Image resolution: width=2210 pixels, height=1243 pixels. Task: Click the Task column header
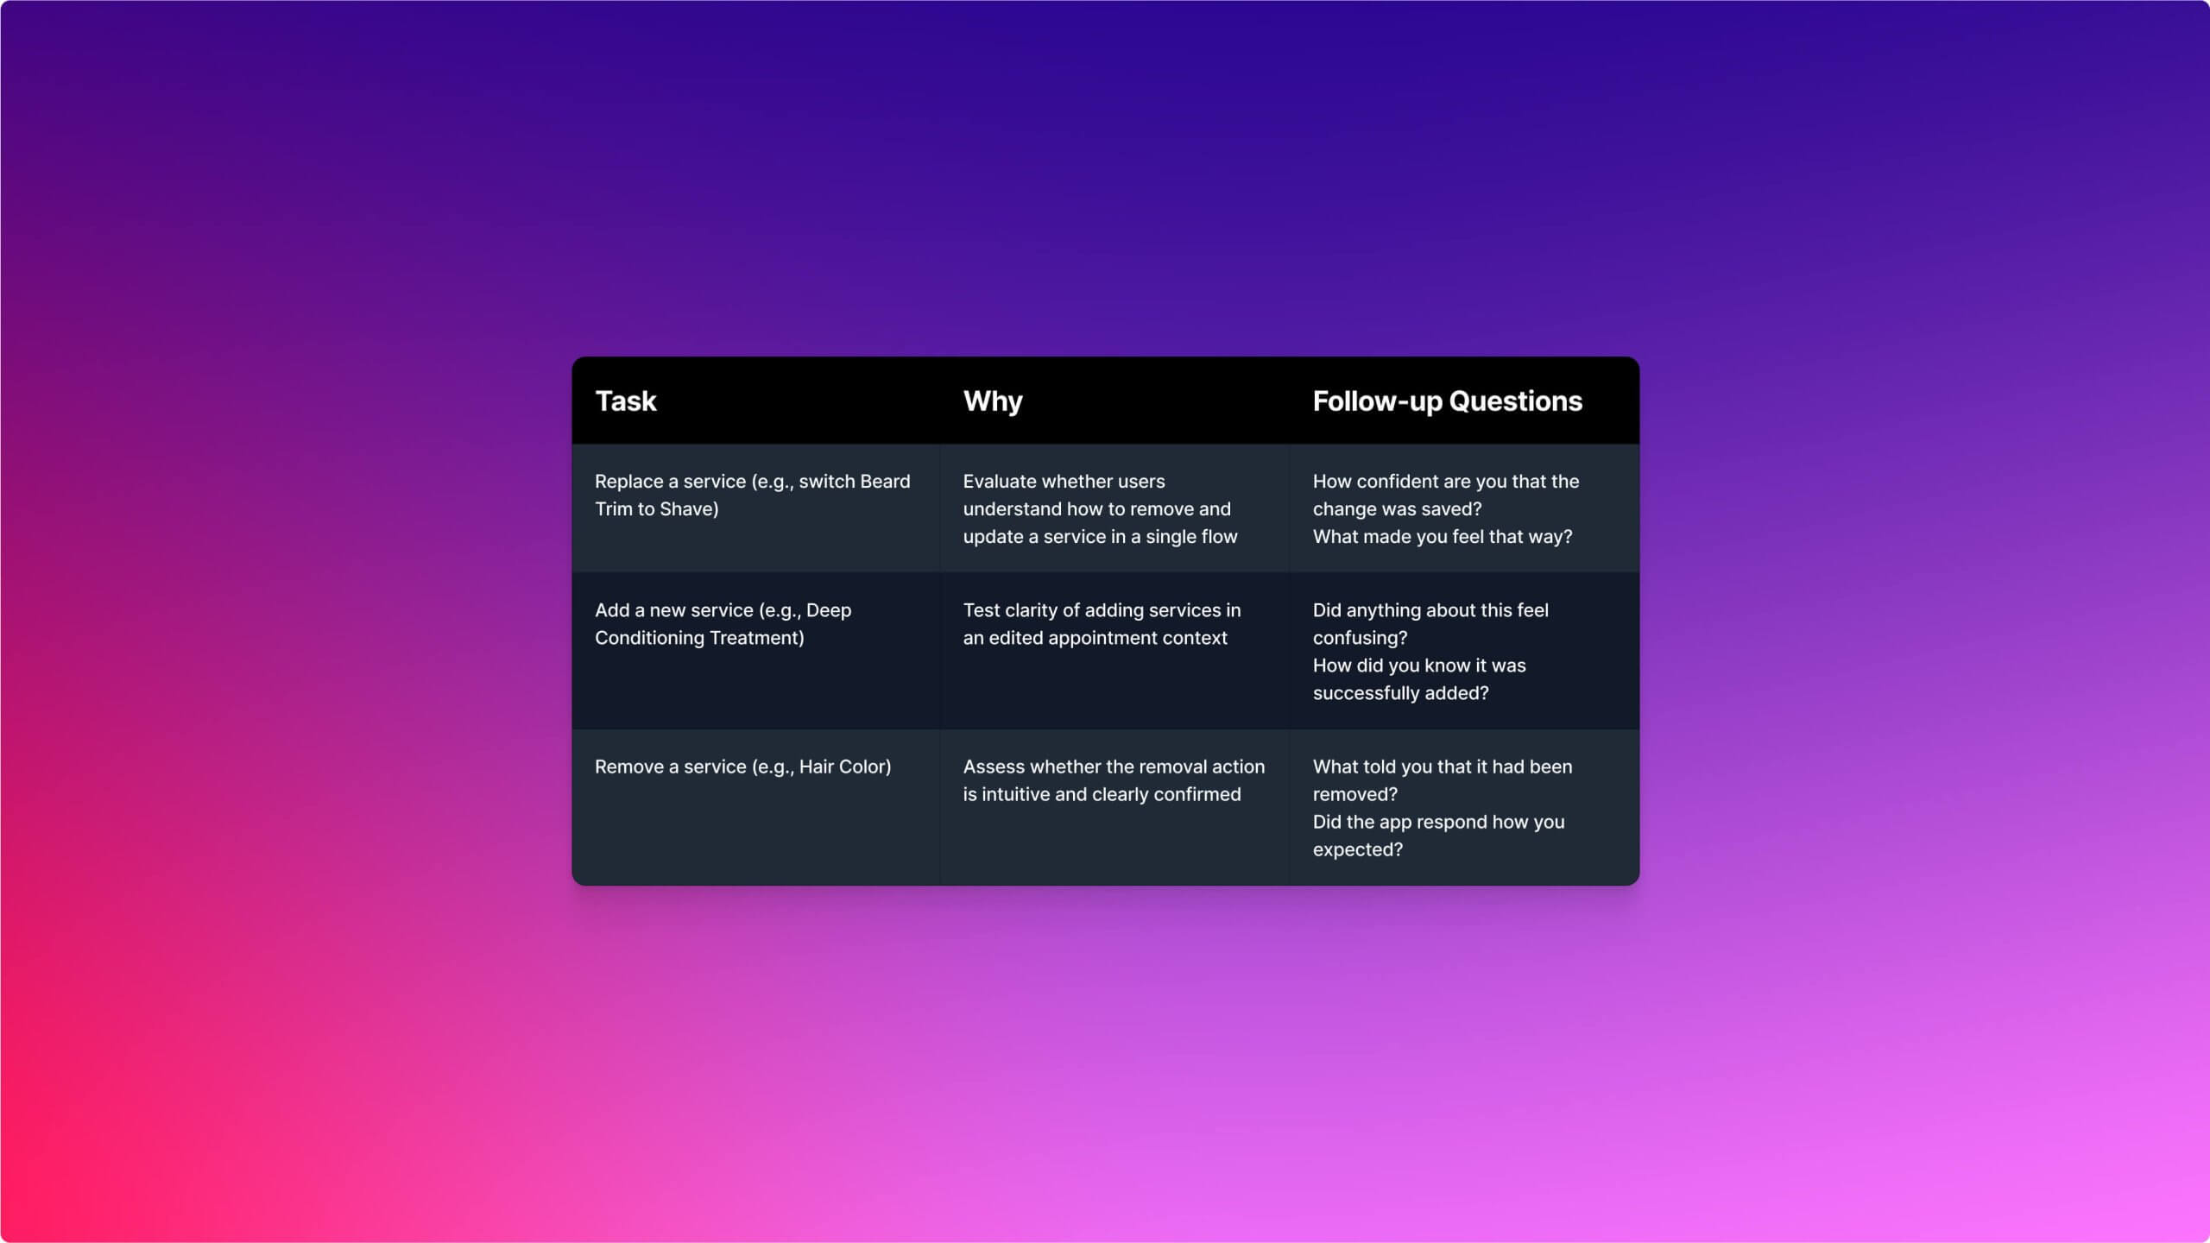626,401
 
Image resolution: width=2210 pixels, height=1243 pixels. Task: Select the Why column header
993,401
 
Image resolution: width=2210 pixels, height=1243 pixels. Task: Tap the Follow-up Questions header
1448,401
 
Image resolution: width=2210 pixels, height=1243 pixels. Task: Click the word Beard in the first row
885,482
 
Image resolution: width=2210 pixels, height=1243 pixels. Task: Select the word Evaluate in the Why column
1000,482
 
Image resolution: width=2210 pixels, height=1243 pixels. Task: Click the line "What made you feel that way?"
1443,537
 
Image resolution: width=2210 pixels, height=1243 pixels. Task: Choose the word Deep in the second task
829,611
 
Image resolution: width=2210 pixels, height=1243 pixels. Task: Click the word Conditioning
647,639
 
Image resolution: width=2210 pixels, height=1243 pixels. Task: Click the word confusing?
1360,639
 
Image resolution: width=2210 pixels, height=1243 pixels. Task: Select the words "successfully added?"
1400,693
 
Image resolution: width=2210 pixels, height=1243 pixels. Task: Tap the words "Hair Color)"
845,767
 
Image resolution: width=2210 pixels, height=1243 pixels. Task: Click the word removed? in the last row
1354,795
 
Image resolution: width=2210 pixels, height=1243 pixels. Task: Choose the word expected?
1357,850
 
